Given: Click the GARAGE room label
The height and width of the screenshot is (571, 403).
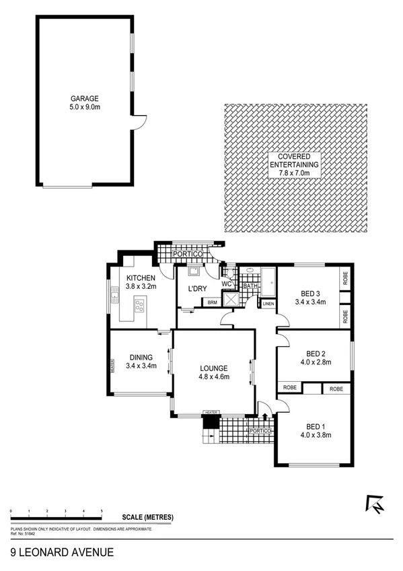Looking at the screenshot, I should (84, 98).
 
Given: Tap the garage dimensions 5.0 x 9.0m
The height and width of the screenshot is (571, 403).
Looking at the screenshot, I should (84, 106).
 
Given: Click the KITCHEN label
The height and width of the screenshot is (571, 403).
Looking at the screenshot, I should (141, 278).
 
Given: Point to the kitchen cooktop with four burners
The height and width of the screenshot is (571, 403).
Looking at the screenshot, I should (140, 307).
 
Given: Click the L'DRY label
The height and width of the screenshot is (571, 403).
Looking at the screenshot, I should (196, 289).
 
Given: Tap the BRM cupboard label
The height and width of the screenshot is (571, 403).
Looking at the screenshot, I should (211, 302).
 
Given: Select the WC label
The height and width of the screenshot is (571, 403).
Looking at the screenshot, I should (227, 283).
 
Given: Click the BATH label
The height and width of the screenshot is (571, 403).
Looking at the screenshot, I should (250, 286).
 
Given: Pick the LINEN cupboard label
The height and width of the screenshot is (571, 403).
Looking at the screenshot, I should (267, 304).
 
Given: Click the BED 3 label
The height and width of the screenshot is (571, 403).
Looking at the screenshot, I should (310, 292).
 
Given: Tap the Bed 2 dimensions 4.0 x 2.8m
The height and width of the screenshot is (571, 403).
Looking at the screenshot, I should (315, 363).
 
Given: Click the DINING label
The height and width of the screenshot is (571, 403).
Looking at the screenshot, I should (141, 358).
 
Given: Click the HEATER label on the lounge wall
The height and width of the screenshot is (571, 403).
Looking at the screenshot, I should (213, 412).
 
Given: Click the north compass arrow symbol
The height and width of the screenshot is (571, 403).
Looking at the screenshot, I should (375, 502).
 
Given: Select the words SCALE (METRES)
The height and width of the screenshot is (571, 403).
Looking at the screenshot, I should (148, 517).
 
